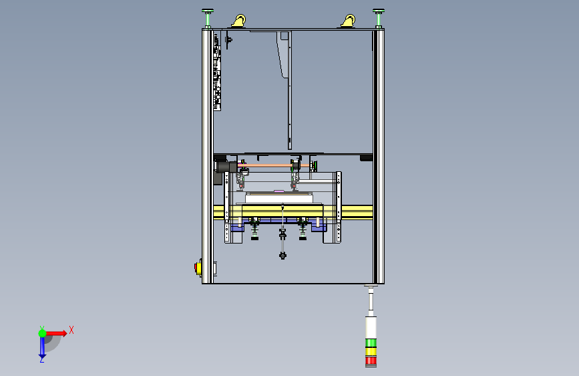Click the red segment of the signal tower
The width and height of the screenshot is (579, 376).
pos(371,361)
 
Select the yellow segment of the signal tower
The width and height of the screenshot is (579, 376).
pos(371,351)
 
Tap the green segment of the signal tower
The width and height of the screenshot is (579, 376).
pos(371,343)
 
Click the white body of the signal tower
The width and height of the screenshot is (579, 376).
pos(371,327)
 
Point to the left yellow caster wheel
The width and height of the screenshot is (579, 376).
pos(239,21)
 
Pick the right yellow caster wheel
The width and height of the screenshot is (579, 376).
pos(348,21)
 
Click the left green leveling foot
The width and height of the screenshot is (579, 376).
pos(208,18)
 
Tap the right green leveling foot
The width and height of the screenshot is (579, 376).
pos(379,18)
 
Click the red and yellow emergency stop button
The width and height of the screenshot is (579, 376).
pos(198,268)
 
